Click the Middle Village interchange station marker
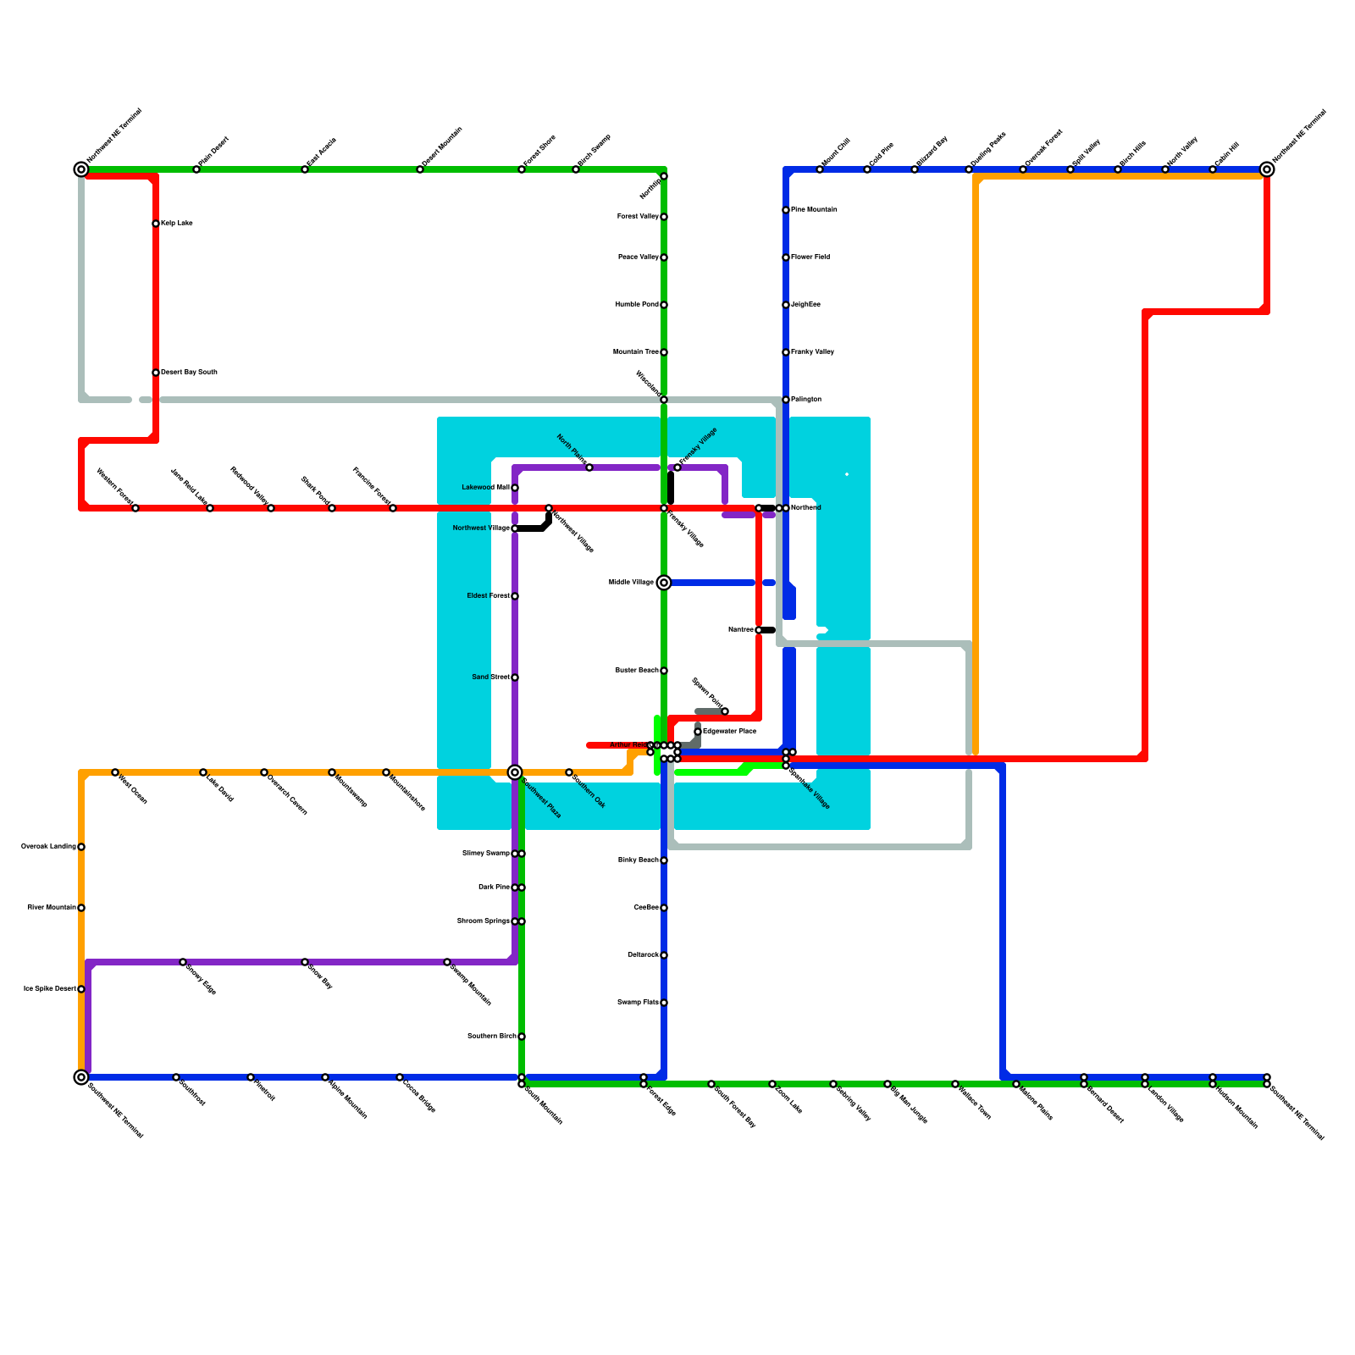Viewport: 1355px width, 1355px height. click(x=664, y=583)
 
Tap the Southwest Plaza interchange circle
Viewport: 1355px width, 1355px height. click(x=515, y=772)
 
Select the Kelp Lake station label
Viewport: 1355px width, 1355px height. click(x=176, y=224)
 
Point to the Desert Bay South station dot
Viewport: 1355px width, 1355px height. click(x=156, y=373)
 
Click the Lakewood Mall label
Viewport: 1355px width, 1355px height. click(x=485, y=488)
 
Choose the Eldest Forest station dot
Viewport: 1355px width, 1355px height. click(x=515, y=596)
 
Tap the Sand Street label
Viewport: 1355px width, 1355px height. click(x=490, y=677)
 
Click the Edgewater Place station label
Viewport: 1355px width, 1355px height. click(x=729, y=731)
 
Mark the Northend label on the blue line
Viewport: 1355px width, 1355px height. click(x=805, y=508)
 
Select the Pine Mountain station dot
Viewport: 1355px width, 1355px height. click(x=786, y=210)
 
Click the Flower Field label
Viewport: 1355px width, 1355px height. click(x=810, y=257)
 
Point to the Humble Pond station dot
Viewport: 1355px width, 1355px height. click(x=664, y=305)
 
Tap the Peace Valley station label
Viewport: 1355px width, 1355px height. click(x=638, y=257)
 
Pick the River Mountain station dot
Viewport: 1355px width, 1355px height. click(x=81, y=908)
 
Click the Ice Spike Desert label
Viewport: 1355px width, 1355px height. click(x=49, y=989)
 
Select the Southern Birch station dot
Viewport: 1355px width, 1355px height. click(x=522, y=1037)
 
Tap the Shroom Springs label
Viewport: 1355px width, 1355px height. click(x=483, y=921)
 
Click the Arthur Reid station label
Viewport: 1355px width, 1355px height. click(x=628, y=745)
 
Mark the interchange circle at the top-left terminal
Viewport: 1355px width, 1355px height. click(x=81, y=169)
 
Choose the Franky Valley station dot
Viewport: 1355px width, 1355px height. click(x=786, y=352)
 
